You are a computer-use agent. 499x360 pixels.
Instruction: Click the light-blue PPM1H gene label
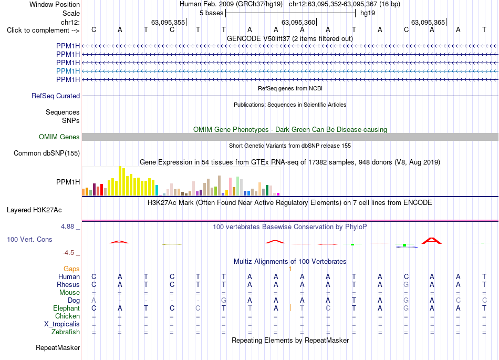click(68, 71)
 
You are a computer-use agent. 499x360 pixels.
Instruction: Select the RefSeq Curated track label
click(56, 96)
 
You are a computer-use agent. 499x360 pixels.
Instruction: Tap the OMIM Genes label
click(59, 137)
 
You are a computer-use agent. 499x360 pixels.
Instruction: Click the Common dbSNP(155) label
click(47, 153)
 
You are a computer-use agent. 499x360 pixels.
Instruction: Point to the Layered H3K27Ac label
click(34, 210)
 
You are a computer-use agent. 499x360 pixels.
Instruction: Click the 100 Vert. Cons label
click(29, 239)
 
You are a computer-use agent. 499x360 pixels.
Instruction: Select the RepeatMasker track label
click(58, 347)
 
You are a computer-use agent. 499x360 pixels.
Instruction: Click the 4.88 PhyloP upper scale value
click(67, 227)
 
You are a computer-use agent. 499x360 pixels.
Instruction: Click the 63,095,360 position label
click(298, 22)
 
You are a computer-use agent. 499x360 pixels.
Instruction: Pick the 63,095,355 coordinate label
click(168, 22)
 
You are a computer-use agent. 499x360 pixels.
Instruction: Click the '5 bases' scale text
click(212, 13)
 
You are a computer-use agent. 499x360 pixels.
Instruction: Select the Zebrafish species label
click(66, 332)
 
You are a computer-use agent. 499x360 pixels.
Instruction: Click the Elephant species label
click(67, 308)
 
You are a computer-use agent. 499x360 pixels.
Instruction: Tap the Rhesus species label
click(68, 284)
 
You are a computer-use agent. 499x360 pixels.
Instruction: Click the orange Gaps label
click(71, 269)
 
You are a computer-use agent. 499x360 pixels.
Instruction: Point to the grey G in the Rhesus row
click(406, 284)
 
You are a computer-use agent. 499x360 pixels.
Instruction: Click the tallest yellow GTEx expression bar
click(120, 181)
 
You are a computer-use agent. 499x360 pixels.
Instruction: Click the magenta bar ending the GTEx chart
click(278, 194)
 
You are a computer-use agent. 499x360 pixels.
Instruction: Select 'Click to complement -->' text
click(43, 30)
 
